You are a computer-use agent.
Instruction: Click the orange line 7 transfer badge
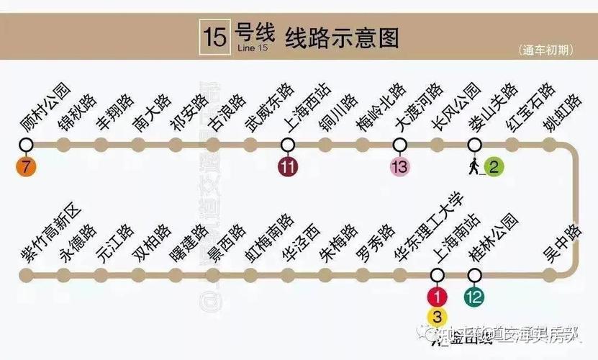[27, 168]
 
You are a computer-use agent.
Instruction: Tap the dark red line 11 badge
[287, 168]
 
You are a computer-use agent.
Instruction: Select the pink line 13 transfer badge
[399, 168]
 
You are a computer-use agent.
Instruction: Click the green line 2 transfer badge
[493, 168]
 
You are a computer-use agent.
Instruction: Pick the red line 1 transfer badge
[437, 296]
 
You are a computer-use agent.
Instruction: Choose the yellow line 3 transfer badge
[437, 316]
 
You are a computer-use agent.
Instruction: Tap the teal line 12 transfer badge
[474, 296]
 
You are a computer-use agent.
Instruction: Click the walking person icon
[474, 166]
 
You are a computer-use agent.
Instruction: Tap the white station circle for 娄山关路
[474, 145]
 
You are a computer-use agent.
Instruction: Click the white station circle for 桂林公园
[474, 274]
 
